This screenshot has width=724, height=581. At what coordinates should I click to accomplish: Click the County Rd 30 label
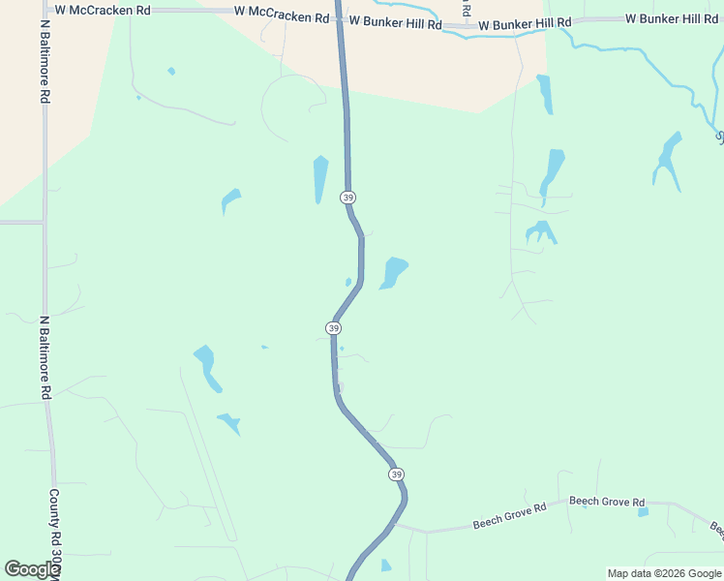(54, 533)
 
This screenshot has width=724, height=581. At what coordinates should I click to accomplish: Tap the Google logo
(32, 569)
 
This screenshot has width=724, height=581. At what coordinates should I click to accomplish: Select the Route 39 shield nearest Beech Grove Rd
(396, 474)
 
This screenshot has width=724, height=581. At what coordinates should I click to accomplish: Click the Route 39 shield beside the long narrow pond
(347, 197)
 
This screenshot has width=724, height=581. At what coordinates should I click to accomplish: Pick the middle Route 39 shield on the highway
(333, 328)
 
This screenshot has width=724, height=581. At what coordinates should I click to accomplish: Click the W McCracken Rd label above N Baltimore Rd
(103, 10)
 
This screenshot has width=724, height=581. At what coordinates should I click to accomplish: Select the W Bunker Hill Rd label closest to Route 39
(394, 20)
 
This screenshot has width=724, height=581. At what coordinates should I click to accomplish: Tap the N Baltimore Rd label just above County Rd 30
(45, 357)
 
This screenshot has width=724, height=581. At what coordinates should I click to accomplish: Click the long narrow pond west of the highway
(320, 179)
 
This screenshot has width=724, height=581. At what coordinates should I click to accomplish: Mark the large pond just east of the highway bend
(394, 272)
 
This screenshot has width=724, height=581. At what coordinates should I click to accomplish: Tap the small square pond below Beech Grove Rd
(644, 511)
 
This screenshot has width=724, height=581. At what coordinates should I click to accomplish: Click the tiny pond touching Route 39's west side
(348, 282)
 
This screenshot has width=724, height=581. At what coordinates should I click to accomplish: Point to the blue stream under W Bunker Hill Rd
(484, 33)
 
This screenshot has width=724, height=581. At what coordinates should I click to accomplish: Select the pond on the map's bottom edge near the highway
(386, 566)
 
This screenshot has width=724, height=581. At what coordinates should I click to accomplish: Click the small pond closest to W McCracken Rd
(171, 71)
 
